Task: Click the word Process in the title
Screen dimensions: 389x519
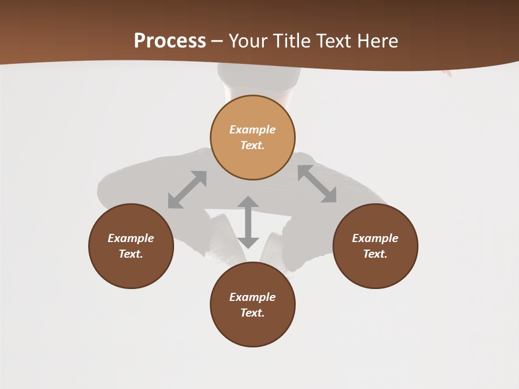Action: [170, 41]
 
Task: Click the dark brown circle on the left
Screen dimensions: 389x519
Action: [131, 246]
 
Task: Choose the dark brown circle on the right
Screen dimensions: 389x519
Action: [375, 246]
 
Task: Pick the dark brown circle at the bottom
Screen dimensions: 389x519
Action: [252, 304]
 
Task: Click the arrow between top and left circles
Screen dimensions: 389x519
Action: [187, 190]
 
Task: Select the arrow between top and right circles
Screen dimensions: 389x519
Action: [317, 184]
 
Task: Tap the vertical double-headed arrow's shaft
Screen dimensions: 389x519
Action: [248, 222]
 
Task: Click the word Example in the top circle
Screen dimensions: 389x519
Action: [252, 130]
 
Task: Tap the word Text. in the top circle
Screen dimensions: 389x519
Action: [252, 145]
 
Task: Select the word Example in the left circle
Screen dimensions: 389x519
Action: [131, 238]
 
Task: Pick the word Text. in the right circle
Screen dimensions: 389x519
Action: [375, 254]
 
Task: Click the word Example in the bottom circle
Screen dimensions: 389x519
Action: [252, 297]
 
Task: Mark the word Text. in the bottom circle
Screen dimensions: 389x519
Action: [252, 313]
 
